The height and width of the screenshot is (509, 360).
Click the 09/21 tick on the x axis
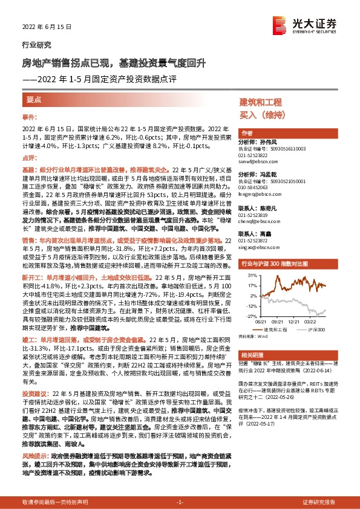[280, 322]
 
